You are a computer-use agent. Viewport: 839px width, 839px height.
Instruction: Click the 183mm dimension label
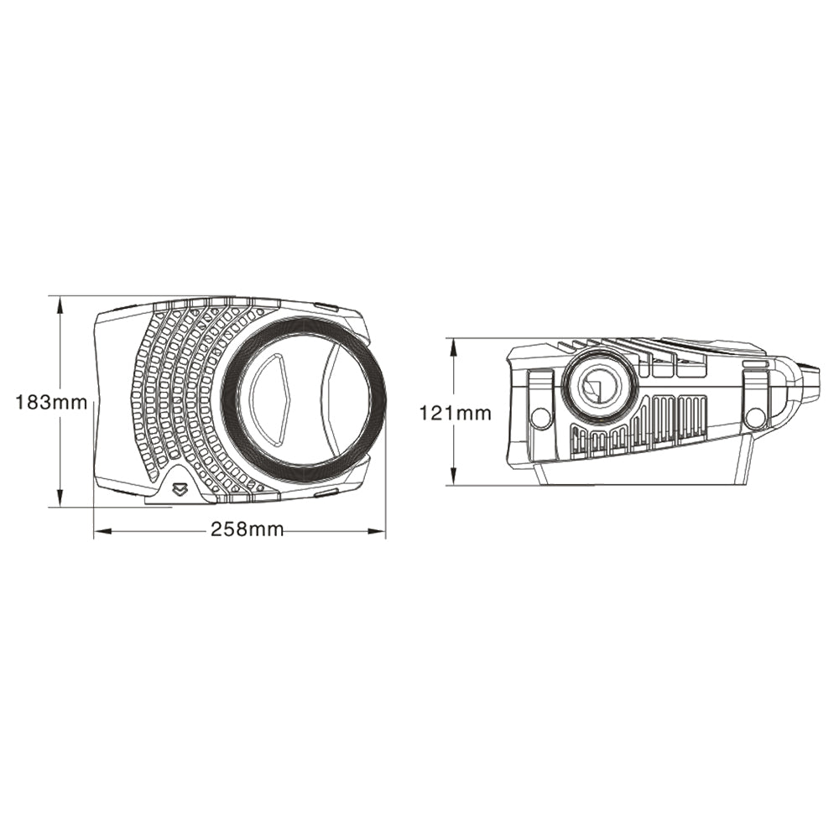(51, 402)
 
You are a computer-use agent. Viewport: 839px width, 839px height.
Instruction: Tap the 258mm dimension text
(247, 530)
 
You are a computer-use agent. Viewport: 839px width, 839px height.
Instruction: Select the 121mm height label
(455, 412)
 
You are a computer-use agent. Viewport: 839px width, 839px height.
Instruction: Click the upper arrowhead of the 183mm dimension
(60, 305)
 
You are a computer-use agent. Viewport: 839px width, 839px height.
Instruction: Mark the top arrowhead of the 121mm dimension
(454, 347)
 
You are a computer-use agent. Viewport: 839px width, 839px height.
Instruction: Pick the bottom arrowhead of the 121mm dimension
(454, 477)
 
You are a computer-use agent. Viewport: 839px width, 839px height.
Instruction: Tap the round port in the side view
(599, 386)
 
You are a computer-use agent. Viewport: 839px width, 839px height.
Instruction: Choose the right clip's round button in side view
(754, 416)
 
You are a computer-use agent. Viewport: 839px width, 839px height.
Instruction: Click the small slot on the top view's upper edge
(326, 307)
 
